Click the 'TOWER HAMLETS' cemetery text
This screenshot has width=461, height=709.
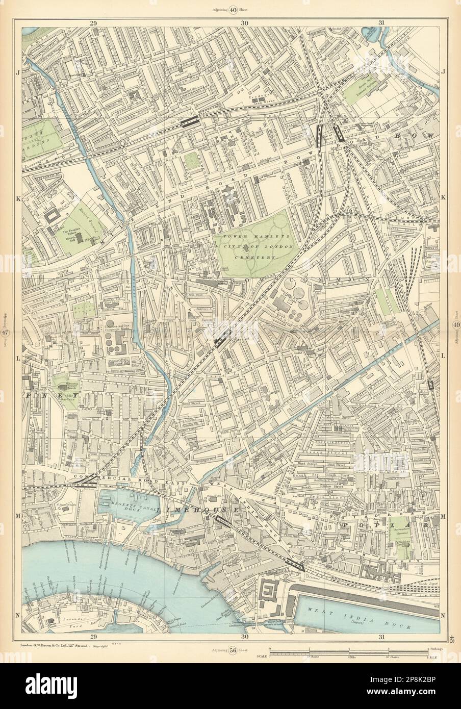(252, 237)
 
